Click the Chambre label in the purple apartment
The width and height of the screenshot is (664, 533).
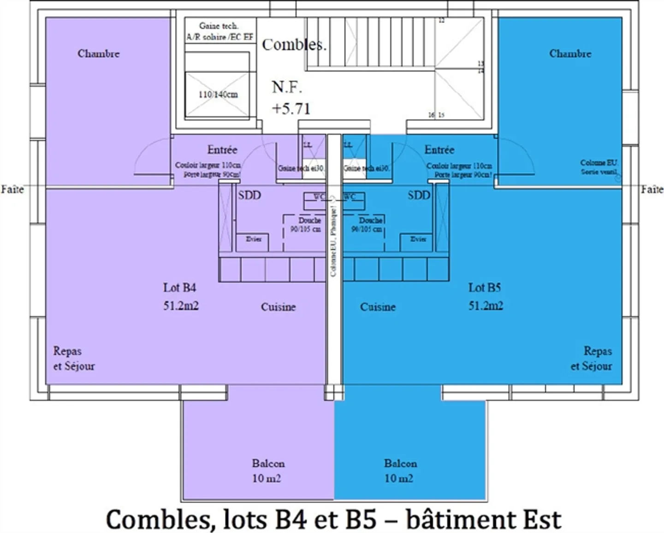98,54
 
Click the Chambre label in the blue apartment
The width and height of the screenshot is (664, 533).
570,54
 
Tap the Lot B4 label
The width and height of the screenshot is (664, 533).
179,288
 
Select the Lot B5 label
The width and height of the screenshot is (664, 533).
485,288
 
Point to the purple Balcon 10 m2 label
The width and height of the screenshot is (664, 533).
267,471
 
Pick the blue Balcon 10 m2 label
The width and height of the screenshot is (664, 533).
400,471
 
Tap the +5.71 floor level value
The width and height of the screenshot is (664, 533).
291,108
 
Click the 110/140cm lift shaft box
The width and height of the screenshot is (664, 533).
218,94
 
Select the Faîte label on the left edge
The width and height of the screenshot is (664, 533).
12,189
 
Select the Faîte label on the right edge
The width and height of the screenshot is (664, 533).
652,189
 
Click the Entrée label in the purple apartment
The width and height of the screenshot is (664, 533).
222,150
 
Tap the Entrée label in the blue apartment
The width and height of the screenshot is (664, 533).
439,150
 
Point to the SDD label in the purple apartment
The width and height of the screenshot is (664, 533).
249,195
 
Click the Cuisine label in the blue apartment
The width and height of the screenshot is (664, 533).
378,307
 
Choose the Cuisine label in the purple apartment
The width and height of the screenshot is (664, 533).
278,307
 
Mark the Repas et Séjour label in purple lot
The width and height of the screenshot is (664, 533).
74,359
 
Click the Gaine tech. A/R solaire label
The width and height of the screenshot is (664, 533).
219,31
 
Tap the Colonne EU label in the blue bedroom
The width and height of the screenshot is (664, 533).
599,167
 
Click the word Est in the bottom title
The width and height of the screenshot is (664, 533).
541,520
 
